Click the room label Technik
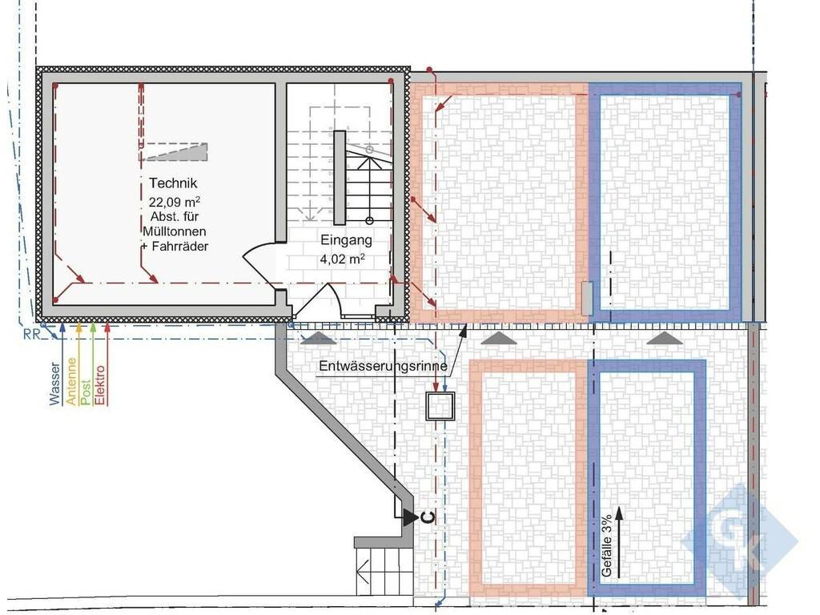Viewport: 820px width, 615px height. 173,183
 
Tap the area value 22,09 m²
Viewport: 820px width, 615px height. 174,202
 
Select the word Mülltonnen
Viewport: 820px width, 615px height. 175,231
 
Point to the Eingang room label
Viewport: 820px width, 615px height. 346,240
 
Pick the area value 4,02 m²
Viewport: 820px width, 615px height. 343,259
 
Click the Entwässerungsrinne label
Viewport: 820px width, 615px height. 383,366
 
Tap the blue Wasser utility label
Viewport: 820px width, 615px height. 55,384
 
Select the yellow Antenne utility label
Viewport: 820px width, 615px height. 70,381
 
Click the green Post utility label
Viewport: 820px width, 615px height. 86,392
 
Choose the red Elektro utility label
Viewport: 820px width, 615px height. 100,385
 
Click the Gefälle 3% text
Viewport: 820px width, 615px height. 606,546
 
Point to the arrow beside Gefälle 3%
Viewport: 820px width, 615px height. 619,542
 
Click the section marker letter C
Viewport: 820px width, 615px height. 428,518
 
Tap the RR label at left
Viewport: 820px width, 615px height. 31,334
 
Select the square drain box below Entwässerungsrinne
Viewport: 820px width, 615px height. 440,406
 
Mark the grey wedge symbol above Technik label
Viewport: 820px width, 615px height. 175,151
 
